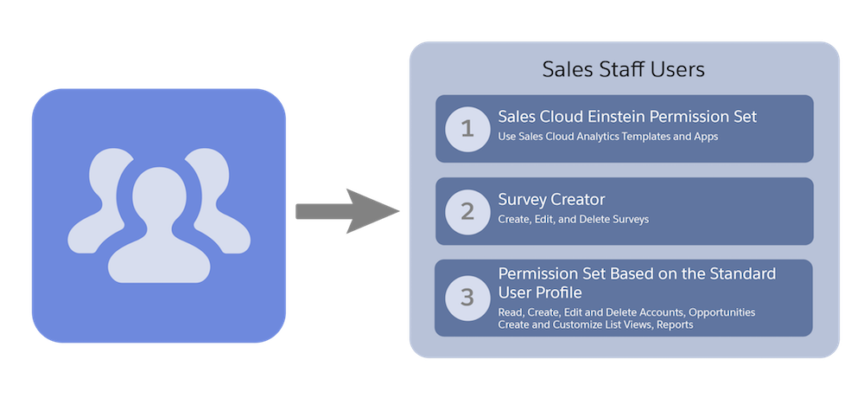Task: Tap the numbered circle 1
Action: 467,129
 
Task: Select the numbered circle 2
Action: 467,211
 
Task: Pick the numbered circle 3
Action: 467,298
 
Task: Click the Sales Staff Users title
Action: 623,69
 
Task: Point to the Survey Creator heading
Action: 550,201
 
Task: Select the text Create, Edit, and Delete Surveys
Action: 573,220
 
